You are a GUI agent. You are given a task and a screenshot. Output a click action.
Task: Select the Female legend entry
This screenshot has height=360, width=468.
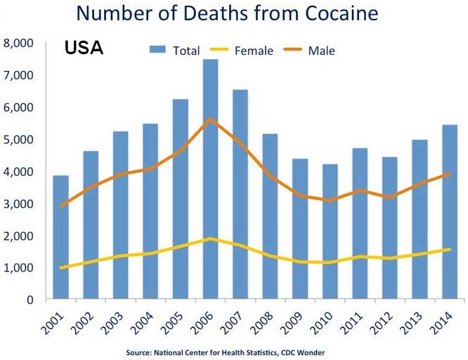(247, 50)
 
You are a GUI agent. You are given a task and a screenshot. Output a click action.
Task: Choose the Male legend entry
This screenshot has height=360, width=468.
(313, 50)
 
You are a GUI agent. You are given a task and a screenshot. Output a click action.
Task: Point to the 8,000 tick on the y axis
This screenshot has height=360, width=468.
(19, 44)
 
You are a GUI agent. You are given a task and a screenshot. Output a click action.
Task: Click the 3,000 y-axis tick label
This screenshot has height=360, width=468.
(19, 204)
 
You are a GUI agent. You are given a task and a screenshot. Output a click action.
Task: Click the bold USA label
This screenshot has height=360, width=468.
(84, 49)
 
